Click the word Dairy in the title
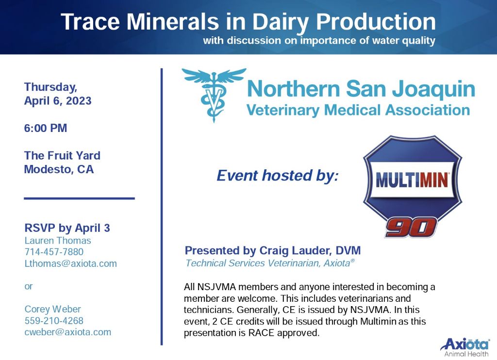coord(280,23)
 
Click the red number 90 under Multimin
coord(411,227)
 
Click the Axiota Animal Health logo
coord(465,347)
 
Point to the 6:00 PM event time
coord(46,128)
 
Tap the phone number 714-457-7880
coord(54,252)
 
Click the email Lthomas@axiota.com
coord(71,263)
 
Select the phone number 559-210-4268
coord(54,320)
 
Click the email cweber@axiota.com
coord(68,332)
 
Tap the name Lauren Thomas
coord(58,241)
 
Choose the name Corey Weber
coord(52,309)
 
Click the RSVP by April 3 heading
coord(67,228)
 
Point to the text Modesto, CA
coord(59,169)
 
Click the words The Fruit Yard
coord(62,156)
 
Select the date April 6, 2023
coord(58,101)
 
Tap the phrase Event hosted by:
coord(278,176)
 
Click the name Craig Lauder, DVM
coord(310,250)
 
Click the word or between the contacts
coord(29,286)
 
